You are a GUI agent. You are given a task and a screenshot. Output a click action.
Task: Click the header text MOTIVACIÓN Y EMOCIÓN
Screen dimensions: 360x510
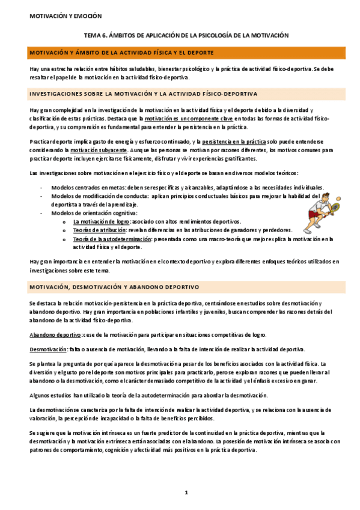(58, 16)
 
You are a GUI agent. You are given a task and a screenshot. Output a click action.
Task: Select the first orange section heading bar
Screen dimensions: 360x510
(180, 54)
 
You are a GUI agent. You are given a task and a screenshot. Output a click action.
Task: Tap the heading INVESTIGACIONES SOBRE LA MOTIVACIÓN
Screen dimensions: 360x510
(144, 94)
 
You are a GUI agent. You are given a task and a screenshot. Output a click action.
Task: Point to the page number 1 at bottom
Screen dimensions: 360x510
(187, 493)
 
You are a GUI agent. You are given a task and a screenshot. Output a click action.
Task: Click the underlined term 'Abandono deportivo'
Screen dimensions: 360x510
(55, 335)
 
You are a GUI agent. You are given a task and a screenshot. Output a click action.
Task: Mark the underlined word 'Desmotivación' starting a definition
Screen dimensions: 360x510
(49, 349)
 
